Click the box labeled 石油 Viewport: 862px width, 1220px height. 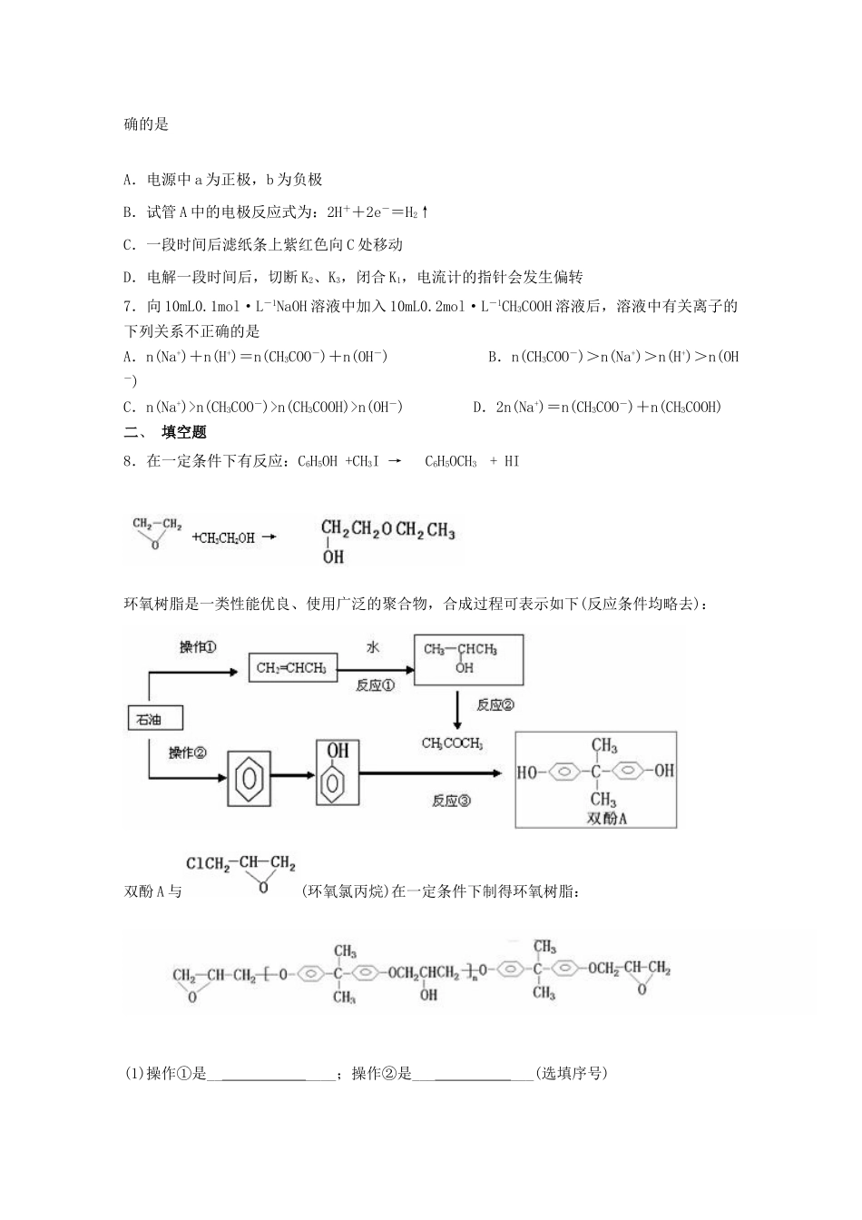(153, 719)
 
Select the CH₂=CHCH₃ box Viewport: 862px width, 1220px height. (293, 669)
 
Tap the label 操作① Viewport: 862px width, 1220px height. (197, 646)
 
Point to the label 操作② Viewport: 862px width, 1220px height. (188, 753)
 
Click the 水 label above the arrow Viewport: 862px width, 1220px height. (372, 646)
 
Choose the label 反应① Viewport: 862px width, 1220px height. (375, 685)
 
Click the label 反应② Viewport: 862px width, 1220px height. (495, 704)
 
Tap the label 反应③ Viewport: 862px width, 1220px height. (451, 801)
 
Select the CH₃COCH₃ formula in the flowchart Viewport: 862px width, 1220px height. (452, 743)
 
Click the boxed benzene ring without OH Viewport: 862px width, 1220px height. (249, 778)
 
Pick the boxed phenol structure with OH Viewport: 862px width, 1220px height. (338, 772)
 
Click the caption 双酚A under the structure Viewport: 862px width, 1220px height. (608, 819)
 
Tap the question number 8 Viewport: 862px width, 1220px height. (129, 461)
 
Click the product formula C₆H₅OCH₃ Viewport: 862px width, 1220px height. (451, 461)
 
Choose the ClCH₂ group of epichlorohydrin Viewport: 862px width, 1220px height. (206, 863)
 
